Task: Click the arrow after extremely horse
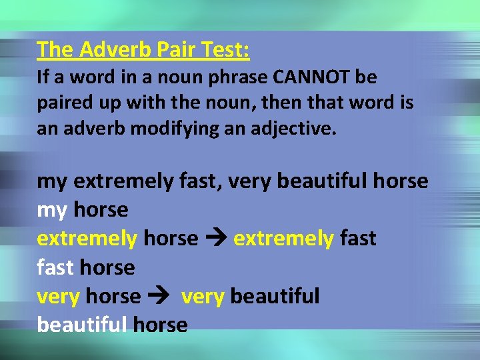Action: [215, 239]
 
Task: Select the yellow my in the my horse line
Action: [52, 211]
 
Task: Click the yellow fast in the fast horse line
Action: [55, 267]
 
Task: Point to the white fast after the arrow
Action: [358, 239]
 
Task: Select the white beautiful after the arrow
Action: [275, 296]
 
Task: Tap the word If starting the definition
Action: [43, 77]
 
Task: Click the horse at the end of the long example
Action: [401, 181]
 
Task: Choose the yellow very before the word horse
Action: [59, 296]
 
